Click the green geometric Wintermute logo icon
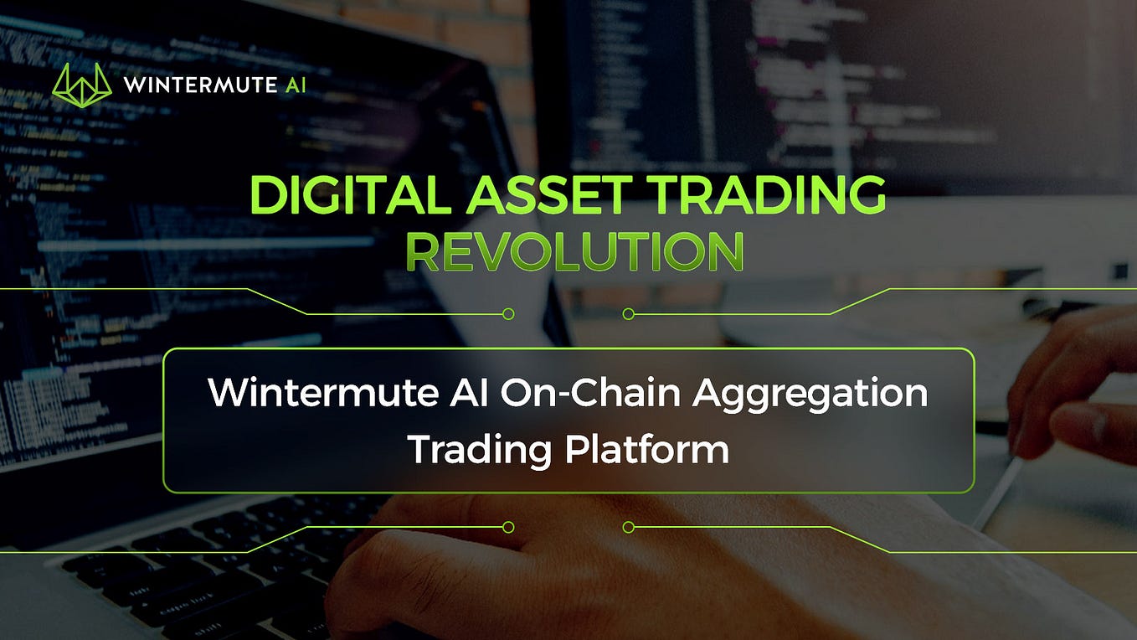pos(81,85)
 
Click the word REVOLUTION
pos(574,251)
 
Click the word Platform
pos(646,451)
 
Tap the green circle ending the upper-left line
pos(507,314)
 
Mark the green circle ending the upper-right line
pos(629,314)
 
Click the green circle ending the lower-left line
pos(507,527)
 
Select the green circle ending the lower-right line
pos(629,527)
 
